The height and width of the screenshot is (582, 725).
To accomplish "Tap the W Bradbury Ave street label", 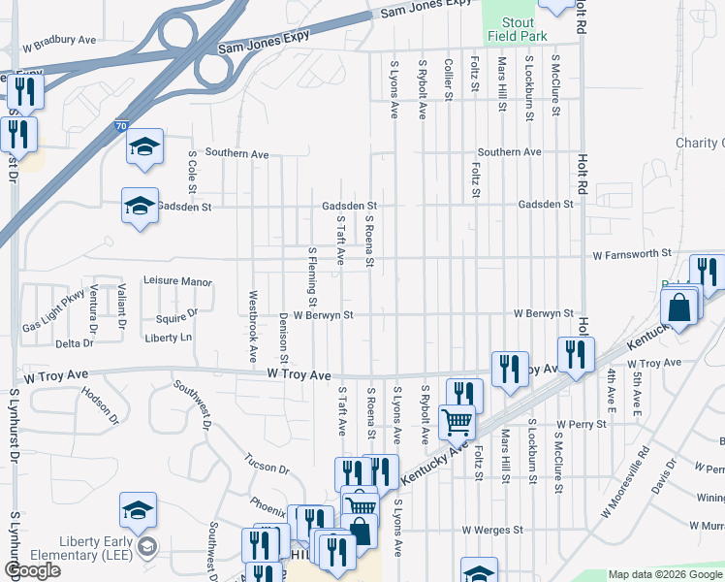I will pyautogui.click(x=60, y=42).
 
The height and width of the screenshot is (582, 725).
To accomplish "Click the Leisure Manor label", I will pyautogui.click(x=177, y=281).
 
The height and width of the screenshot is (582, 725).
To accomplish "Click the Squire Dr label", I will pyautogui.click(x=176, y=315).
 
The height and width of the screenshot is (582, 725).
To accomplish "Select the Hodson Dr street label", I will pyautogui.click(x=100, y=404).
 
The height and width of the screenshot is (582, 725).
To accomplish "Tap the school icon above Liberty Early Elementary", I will pyautogui.click(x=138, y=511).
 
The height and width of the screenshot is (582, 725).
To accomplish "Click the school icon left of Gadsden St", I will pyautogui.click(x=140, y=207).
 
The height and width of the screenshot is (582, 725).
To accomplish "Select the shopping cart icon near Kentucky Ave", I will pyautogui.click(x=456, y=422).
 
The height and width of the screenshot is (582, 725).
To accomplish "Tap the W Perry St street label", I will pyautogui.click(x=581, y=424).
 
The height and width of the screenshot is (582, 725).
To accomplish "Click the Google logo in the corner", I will pyautogui.click(x=33, y=570).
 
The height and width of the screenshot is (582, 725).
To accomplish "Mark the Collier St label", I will pyautogui.click(x=449, y=79).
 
